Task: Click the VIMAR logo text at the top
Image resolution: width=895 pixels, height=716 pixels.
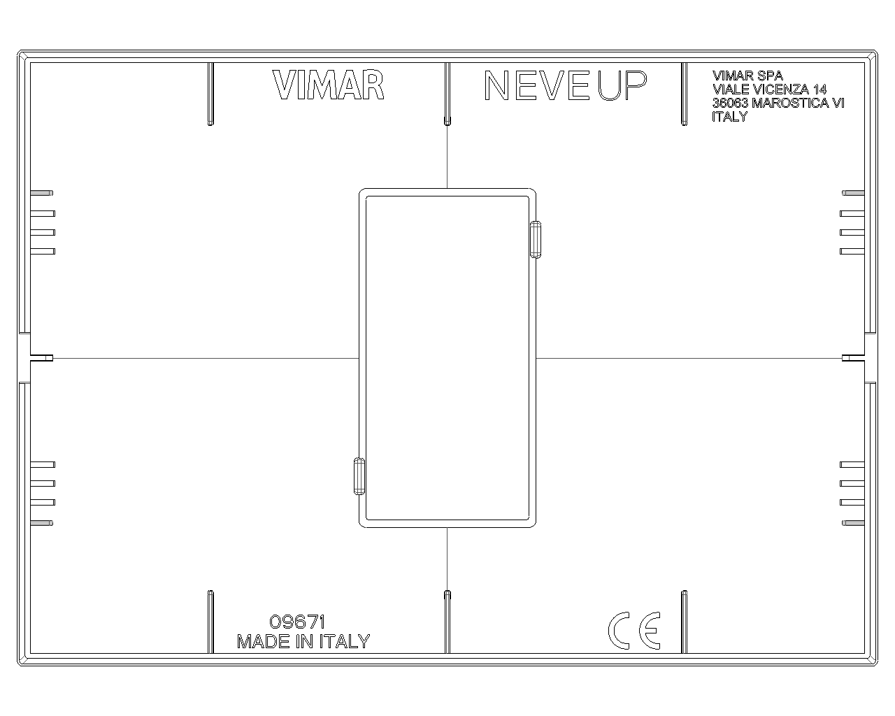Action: click(328, 85)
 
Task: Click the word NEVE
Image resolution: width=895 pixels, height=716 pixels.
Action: click(537, 85)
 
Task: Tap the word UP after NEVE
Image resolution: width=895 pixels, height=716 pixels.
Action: click(622, 85)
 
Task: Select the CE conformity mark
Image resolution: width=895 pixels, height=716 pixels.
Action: click(634, 630)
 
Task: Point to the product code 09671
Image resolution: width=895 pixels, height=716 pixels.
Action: click(297, 622)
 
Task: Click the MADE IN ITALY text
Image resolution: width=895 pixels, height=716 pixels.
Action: click(303, 641)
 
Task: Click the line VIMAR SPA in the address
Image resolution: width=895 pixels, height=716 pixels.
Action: click(747, 76)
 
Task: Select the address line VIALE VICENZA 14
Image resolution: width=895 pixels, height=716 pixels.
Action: click(769, 89)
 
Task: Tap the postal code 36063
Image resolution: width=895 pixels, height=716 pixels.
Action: click(730, 103)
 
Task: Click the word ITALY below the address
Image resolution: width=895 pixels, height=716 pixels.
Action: click(730, 117)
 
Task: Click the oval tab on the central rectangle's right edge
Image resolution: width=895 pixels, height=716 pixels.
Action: click(536, 240)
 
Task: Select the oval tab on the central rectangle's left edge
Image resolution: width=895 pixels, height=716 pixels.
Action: click(359, 476)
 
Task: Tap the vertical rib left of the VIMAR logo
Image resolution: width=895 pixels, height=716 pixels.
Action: click(210, 94)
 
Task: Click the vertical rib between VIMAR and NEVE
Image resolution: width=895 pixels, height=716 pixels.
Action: click(447, 94)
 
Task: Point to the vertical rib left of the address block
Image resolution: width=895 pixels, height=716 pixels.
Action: click(684, 94)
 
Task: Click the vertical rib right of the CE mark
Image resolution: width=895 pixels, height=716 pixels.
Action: click(684, 622)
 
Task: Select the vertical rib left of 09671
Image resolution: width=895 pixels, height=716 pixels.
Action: click(210, 622)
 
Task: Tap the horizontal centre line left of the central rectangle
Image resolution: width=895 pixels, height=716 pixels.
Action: click(206, 358)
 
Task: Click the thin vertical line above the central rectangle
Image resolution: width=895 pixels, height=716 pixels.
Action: click(447, 157)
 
